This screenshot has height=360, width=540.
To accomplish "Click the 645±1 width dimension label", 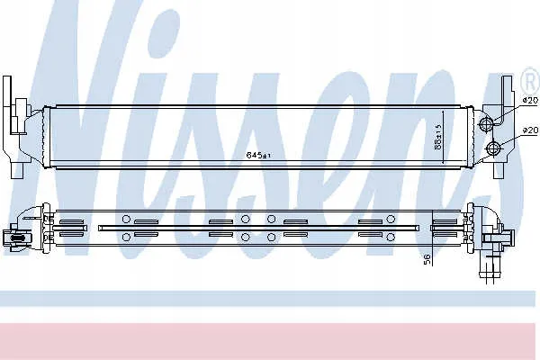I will [256, 156].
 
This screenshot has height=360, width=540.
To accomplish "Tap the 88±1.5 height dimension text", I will [437, 138].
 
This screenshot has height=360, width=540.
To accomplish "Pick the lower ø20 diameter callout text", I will [530, 131].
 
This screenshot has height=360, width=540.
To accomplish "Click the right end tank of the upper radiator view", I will [476, 135].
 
